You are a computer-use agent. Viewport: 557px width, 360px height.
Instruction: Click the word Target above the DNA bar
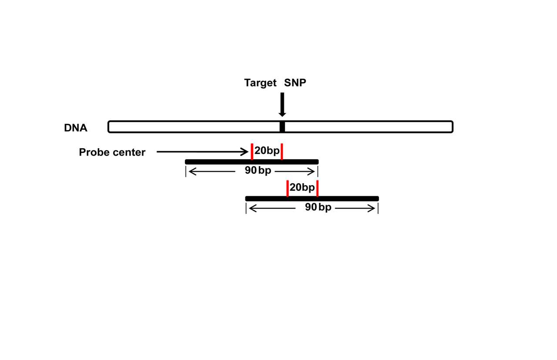click(x=260, y=83)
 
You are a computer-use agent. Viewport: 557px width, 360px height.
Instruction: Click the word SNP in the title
click(x=295, y=83)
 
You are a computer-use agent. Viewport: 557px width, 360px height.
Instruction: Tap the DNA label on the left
click(x=76, y=128)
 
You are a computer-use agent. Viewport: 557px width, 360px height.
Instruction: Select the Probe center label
click(x=112, y=152)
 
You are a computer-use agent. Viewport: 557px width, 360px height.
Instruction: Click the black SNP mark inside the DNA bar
click(x=282, y=127)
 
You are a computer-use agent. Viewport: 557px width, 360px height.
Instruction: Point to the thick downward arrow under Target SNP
click(x=282, y=104)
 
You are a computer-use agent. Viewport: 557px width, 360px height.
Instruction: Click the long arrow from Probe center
click(x=200, y=152)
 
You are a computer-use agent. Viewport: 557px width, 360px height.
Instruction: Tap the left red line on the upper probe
click(x=252, y=151)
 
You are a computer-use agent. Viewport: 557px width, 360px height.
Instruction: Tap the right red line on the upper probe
click(x=282, y=151)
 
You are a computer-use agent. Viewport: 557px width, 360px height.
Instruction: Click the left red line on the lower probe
click(x=288, y=188)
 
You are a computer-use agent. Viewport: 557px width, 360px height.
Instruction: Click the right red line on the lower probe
click(x=317, y=188)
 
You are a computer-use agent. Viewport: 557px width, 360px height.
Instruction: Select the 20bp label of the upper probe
click(x=267, y=151)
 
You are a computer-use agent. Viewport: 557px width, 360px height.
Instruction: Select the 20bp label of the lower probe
click(x=302, y=187)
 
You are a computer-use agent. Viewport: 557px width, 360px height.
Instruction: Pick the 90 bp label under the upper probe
click(x=258, y=170)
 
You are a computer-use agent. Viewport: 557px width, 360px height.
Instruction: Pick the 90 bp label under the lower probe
click(x=318, y=207)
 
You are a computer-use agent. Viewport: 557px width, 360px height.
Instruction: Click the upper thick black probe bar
click(x=218, y=162)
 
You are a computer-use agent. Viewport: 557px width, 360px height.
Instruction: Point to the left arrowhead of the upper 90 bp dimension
click(x=191, y=172)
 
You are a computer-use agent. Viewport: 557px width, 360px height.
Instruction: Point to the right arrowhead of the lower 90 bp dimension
click(x=372, y=209)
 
